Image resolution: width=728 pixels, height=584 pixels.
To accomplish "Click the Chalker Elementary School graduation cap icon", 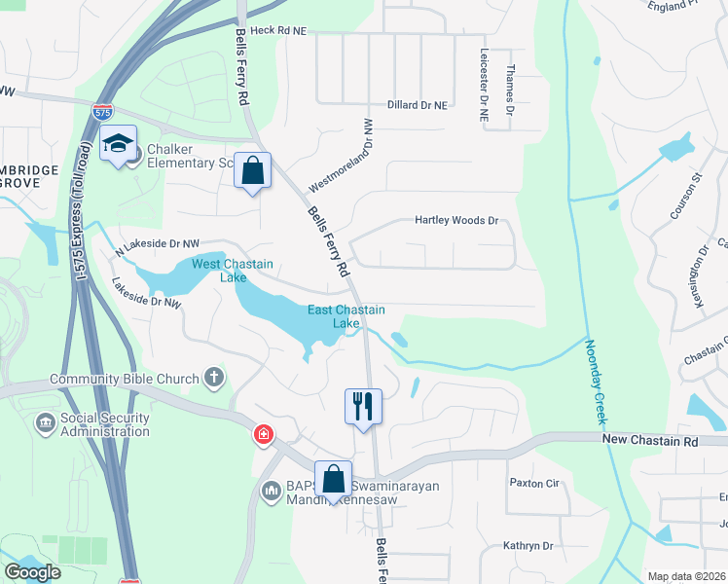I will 118,144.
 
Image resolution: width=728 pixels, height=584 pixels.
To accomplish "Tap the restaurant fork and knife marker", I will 363,404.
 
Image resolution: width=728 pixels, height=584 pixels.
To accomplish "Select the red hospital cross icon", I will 263,434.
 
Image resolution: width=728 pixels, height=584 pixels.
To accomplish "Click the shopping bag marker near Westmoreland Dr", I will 253,171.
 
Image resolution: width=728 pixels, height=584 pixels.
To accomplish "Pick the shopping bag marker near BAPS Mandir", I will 334,479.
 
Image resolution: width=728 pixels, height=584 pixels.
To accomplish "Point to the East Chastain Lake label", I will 346,316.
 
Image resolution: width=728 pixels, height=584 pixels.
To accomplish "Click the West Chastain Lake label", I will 232,271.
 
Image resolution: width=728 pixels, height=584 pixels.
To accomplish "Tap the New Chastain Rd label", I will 650,441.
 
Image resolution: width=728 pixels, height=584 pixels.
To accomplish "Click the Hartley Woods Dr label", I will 456,221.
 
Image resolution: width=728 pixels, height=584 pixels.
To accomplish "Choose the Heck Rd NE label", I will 277,31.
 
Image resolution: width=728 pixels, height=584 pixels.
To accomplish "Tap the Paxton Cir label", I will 535,483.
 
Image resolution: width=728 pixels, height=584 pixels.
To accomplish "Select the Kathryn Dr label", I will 528,546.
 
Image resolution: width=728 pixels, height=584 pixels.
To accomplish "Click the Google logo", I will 32,572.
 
